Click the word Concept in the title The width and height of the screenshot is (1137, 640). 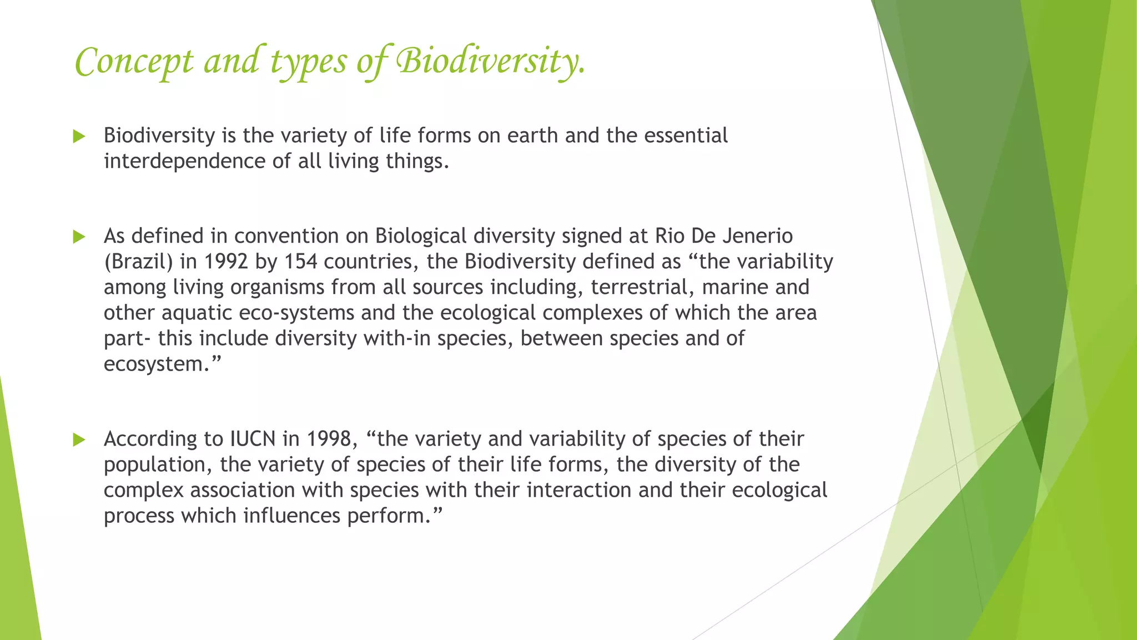(134, 61)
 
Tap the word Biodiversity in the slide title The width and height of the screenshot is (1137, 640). (490, 61)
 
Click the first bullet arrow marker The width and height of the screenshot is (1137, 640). (79, 136)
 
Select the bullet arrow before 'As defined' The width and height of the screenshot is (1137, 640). (79, 237)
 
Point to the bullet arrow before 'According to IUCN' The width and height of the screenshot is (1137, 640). (79, 440)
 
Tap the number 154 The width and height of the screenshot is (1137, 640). (300, 262)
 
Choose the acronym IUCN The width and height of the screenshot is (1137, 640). (253, 439)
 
